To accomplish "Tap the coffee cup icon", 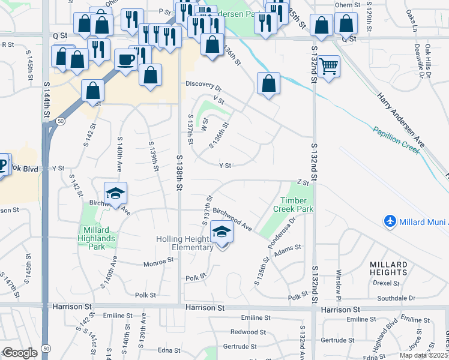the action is coord(126,60).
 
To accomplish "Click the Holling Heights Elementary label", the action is coord(185,243).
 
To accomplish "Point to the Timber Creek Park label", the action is coord(294,205).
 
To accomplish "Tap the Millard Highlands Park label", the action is coord(96,234).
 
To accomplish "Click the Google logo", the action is coord(20,353).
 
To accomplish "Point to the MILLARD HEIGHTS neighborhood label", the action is coord(390,268).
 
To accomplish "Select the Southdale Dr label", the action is coord(396,298).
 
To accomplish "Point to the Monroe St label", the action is coord(158,262).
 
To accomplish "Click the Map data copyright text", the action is coord(423,355).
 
